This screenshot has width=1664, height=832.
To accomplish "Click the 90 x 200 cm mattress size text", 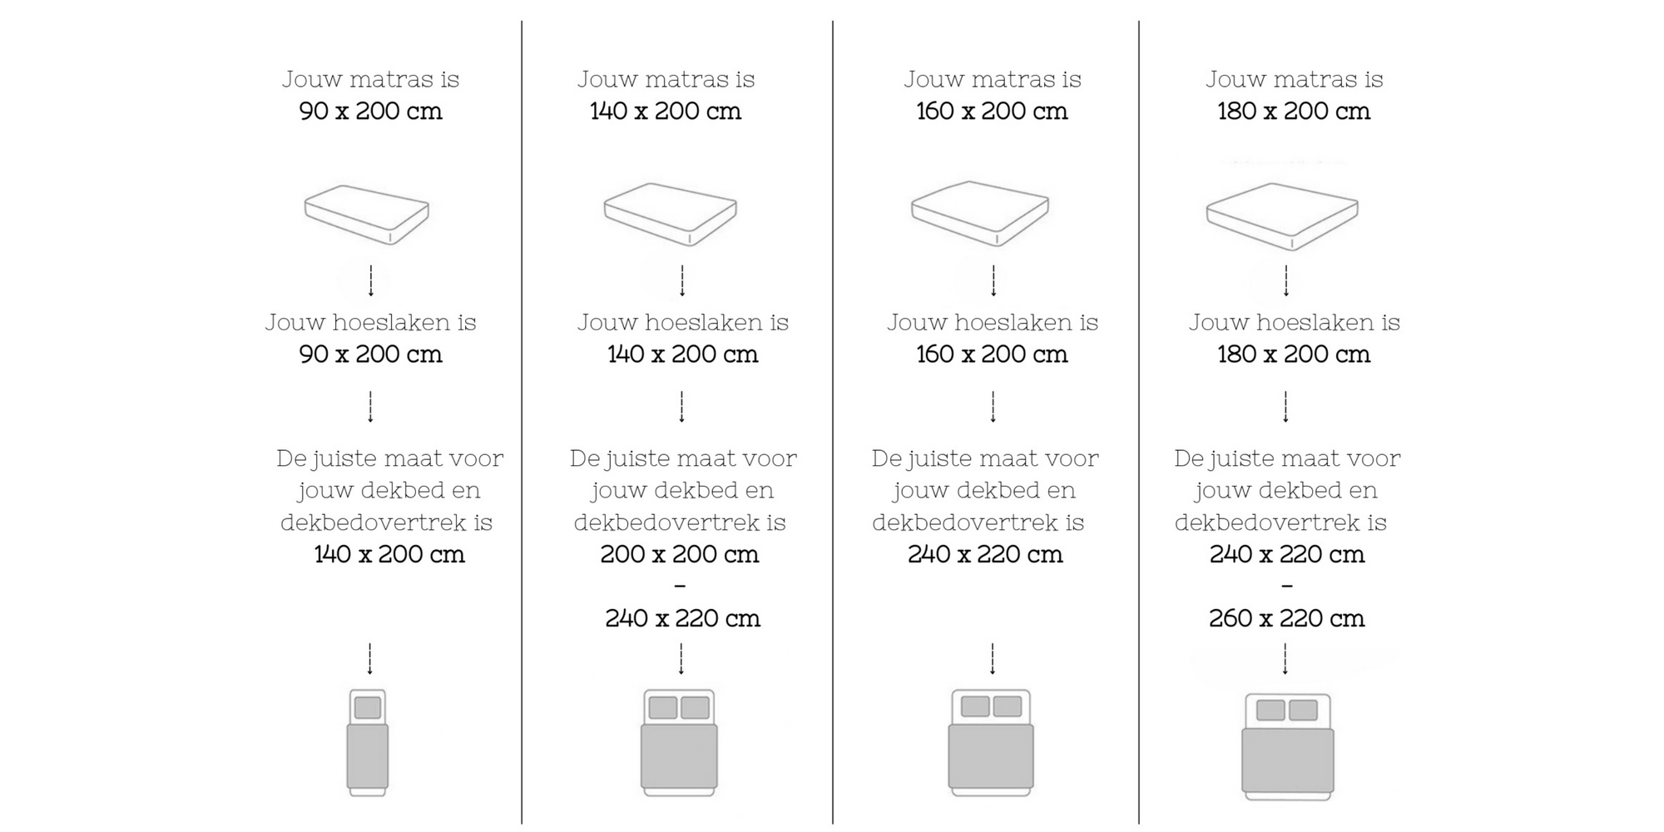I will coord(370,111).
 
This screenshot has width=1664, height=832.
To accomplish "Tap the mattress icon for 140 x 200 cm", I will coord(671,214).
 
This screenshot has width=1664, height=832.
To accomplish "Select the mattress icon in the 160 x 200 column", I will coord(980,213).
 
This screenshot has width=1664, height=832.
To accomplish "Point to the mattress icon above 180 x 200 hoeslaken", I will coord(1282,215).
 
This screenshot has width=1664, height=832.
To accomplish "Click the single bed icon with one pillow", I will coord(368,742).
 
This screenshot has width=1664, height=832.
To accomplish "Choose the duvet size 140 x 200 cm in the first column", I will coord(389,554).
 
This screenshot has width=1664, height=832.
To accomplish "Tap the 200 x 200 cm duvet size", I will coord(680,554).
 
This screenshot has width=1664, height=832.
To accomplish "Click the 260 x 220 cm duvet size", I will coord(1286,618).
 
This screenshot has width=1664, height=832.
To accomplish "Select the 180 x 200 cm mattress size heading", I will coord(1294,111).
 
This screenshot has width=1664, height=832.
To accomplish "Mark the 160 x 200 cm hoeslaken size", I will coord(992,354).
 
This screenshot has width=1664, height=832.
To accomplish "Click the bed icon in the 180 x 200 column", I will coord(1288,747).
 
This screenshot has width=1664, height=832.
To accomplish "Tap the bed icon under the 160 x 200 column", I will coord(991,742).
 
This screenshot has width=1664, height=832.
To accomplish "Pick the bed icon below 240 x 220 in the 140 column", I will coord(679,742).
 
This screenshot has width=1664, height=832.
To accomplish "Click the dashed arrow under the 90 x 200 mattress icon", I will coord(371,281).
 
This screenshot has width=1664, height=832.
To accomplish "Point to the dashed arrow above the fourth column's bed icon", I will coord(1285,659).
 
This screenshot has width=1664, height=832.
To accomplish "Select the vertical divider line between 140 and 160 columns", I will coord(833,416).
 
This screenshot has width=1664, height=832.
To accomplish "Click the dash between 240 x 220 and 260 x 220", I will coord(1287,587).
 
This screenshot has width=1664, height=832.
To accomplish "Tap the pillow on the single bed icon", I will coord(368,708).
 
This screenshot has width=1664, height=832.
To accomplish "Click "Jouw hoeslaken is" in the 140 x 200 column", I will coord(682,322).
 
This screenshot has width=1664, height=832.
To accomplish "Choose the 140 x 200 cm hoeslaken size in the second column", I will coord(682,354).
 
